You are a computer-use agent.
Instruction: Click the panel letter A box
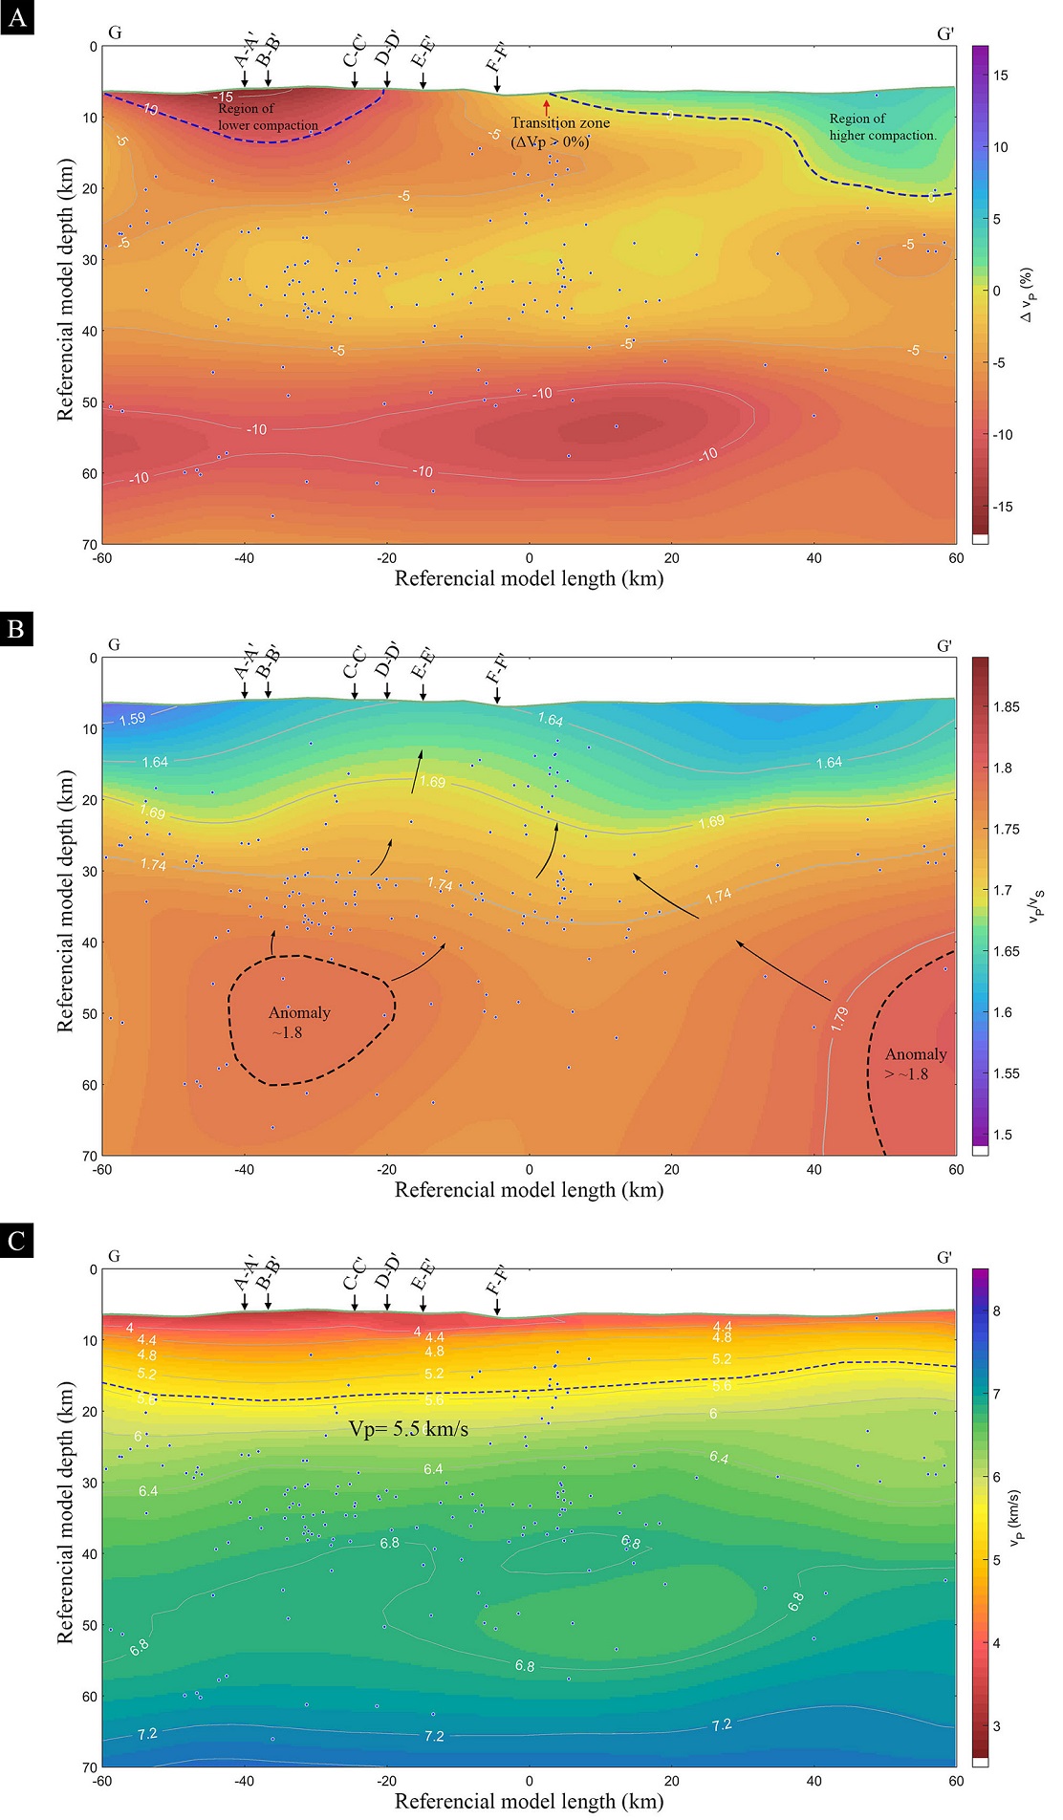[16, 17]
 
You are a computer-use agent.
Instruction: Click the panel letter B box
[16, 629]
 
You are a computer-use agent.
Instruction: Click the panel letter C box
[16, 1241]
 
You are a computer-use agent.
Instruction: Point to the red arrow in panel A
[547, 106]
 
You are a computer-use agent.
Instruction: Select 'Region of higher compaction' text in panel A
[881, 127]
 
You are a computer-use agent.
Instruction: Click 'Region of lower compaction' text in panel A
[267, 117]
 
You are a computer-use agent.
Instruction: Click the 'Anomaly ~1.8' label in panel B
[298, 1022]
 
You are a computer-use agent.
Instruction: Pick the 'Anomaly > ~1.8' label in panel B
[915, 1063]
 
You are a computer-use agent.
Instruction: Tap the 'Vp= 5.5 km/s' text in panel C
[408, 1429]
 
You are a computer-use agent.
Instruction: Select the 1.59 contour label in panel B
[132, 718]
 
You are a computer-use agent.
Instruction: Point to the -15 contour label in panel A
[223, 97]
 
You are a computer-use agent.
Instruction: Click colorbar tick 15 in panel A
[1000, 76]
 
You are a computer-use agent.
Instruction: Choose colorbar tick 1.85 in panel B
[1006, 707]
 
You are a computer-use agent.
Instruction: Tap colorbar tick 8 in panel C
[996, 1311]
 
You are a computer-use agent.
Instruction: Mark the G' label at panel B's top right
[944, 646]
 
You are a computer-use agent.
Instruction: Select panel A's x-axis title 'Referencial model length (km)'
[529, 578]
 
